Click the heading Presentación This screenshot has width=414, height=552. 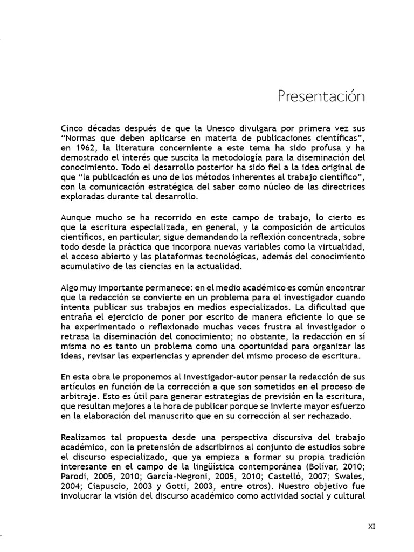[321, 97]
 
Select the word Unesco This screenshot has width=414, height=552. [222, 129]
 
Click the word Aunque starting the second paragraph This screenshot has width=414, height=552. [77, 218]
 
